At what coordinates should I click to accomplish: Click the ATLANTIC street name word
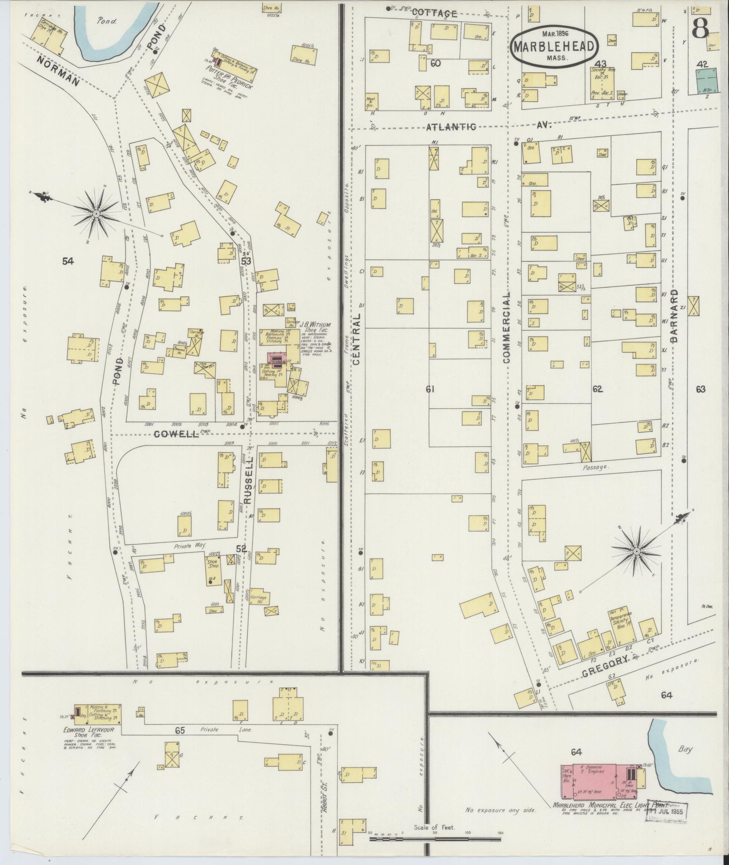click(451, 128)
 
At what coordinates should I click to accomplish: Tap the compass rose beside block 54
click(95, 213)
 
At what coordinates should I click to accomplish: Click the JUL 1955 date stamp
click(668, 810)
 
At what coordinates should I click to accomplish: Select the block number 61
click(429, 388)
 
